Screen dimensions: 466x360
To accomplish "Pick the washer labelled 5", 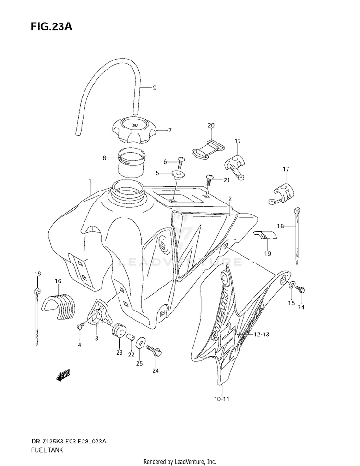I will click(178, 175).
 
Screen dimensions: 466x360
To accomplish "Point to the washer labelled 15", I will click(291, 287).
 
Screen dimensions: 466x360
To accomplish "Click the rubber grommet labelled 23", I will click(119, 332).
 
